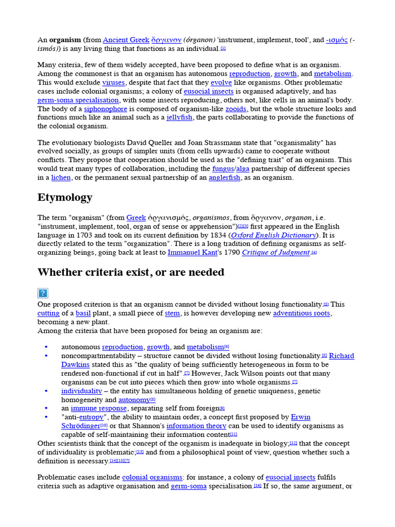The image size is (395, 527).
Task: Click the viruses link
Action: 113,82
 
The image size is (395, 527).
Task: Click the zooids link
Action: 236,109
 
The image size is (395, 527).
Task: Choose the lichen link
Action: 61,178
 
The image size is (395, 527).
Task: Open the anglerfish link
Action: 224,178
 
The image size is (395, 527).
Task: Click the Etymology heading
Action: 65,198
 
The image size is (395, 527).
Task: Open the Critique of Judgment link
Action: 276,252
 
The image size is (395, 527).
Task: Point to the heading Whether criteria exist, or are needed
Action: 131,272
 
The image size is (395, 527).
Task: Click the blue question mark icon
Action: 43,293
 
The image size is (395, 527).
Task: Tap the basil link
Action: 83,313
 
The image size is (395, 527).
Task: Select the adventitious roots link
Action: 302,313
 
